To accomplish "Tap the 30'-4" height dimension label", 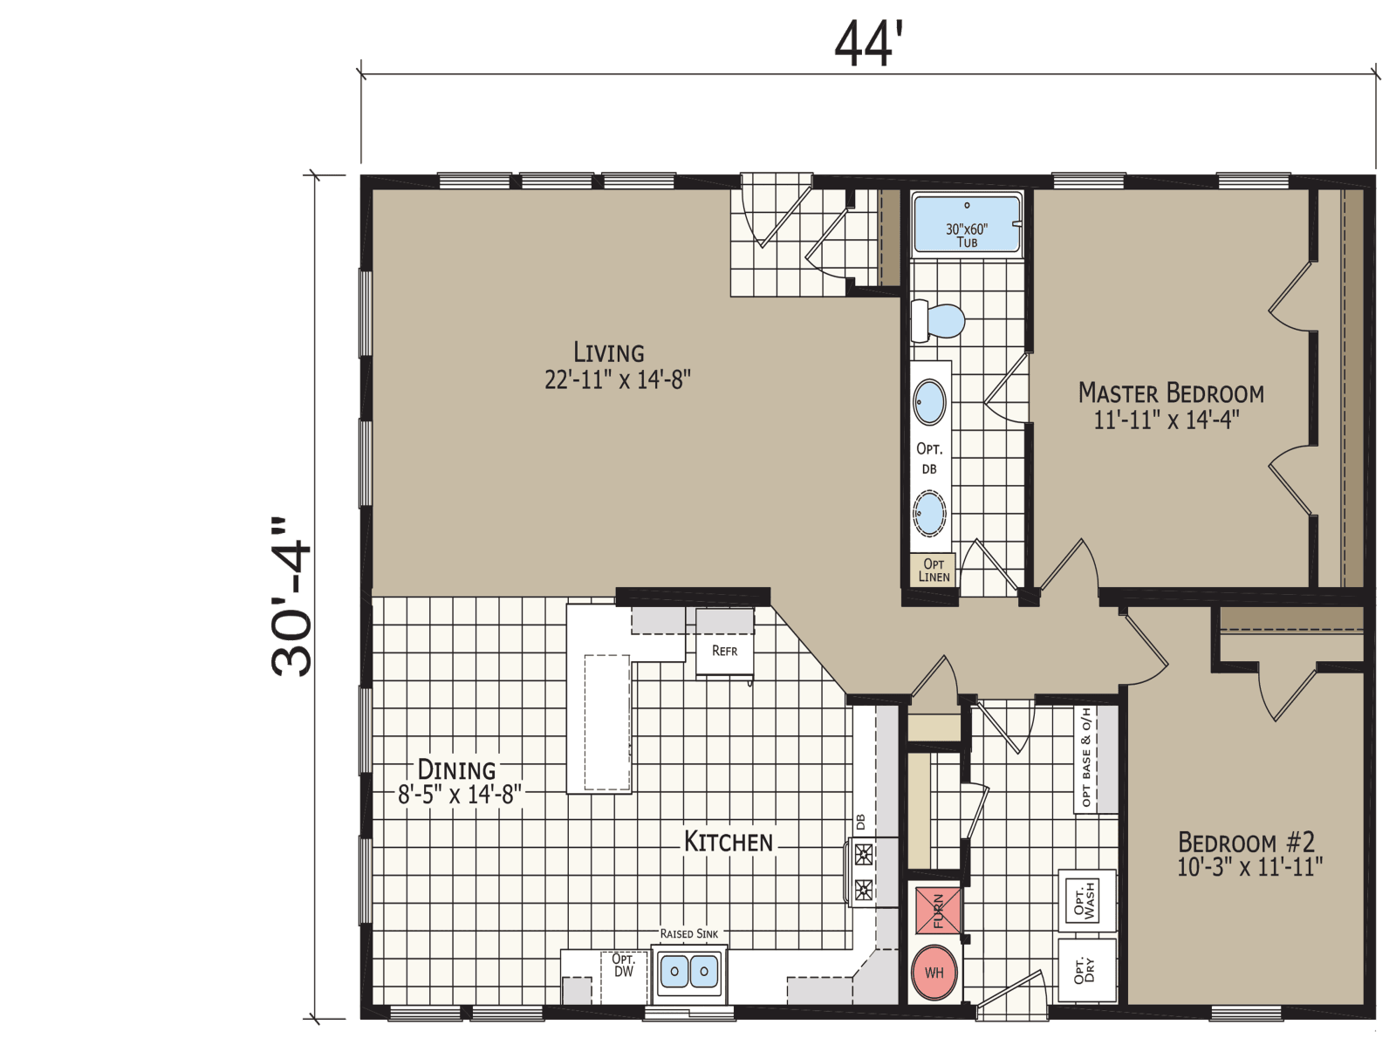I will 291,598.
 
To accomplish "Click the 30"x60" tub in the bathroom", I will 967,225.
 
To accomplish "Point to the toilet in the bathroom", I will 939,321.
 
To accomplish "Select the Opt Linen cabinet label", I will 933,570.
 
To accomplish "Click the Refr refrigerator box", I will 724,652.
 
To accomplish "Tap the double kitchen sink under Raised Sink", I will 689,971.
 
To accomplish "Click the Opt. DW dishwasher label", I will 623,965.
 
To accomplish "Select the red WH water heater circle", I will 934,973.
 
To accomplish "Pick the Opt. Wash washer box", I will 1086,898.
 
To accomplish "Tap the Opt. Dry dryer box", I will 1086,970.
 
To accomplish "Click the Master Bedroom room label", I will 1171,393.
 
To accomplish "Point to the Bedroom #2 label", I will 1246,843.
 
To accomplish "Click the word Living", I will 609,352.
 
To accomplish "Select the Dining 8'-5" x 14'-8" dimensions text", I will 460,795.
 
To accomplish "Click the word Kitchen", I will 729,842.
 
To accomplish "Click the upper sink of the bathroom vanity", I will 930,402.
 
